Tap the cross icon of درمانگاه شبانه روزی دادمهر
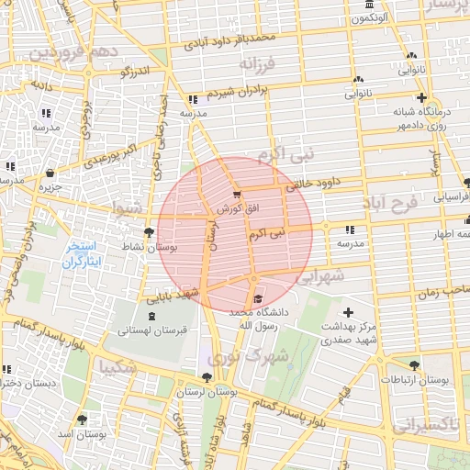[x=421, y=97]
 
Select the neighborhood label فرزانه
[x=258, y=65]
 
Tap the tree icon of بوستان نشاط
[x=150, y=232]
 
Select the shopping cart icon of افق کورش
[x=237, y=195]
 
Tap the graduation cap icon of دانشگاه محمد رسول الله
[x=258, y=298]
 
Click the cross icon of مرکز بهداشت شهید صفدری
[x=348, y=313]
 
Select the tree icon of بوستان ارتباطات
[x=415, y=364]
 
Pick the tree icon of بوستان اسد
[x=83, y=419]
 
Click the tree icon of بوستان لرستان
[x=206, y=377]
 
